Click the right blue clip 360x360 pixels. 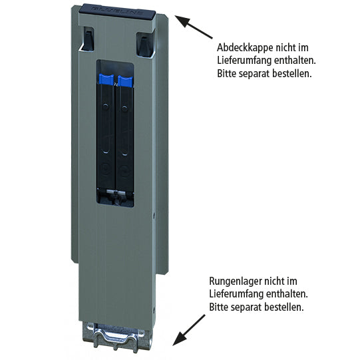125,81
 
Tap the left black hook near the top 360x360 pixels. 87,41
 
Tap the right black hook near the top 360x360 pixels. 143,43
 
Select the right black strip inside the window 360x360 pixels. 125,140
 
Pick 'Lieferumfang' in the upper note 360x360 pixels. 243,61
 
